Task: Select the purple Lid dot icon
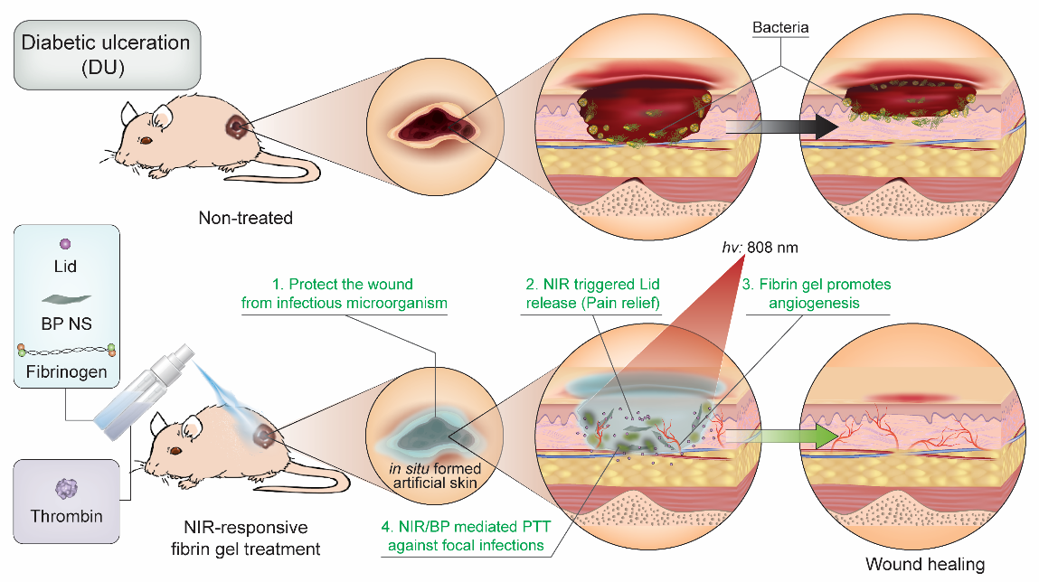64,244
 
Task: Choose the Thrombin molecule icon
65,489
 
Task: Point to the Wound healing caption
925,565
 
